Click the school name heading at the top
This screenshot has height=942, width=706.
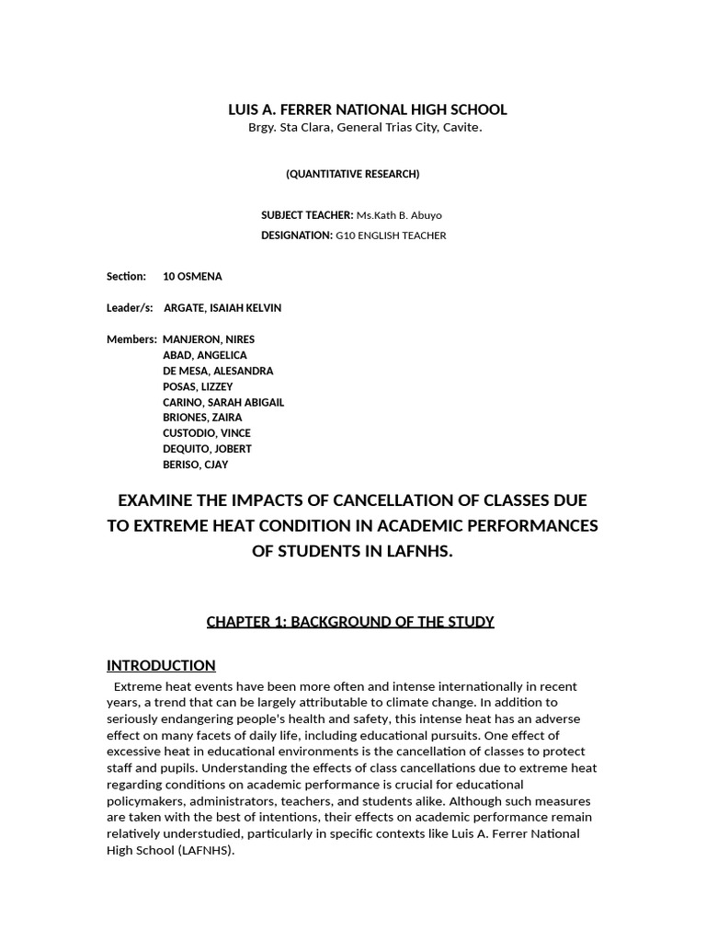(367, 109)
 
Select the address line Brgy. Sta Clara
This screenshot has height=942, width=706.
(365, 127)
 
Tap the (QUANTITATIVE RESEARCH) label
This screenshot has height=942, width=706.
(352, 174)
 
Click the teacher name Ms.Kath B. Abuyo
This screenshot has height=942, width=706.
(399, 215)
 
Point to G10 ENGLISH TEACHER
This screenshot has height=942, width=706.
(391, 235)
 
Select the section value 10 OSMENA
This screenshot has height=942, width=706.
(192, 276)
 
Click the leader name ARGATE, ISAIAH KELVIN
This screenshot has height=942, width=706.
(222, 308)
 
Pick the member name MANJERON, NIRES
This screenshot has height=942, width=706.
(209, 339)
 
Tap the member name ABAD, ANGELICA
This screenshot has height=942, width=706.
(204, 355)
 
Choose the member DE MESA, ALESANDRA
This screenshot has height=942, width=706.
(218, 371)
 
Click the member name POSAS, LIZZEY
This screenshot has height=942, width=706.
(198, 386)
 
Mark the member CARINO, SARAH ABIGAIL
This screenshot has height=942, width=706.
(223, 402)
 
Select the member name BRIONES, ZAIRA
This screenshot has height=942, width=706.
(202, 417)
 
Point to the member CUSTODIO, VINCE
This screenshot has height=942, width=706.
(206, 432)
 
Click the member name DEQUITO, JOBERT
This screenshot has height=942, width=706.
(207, 448)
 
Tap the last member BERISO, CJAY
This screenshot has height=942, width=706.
(195, 464)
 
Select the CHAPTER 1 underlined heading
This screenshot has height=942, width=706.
(350, 622)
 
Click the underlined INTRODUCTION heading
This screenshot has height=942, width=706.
(161, 665)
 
